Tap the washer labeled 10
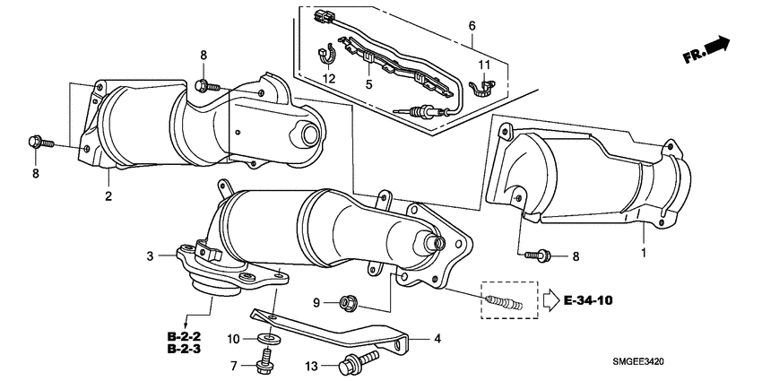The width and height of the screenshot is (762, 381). [266, 338]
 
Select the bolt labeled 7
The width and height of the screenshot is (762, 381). [265, 361]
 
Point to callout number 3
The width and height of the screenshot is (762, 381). [151, 257]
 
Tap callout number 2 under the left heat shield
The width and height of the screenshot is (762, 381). [107, 195]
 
